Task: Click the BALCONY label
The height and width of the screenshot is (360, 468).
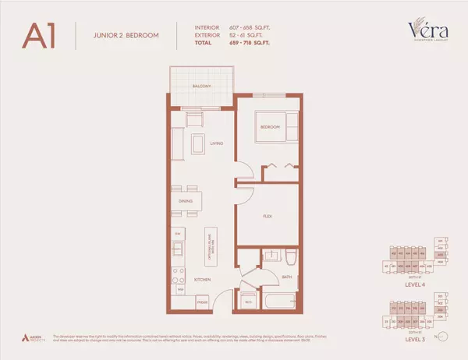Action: point(201,86)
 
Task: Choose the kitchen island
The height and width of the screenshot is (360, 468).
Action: point(210,250)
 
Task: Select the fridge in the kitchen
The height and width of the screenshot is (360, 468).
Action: point(202,300)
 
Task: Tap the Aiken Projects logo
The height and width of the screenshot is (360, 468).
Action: point(34,337)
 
